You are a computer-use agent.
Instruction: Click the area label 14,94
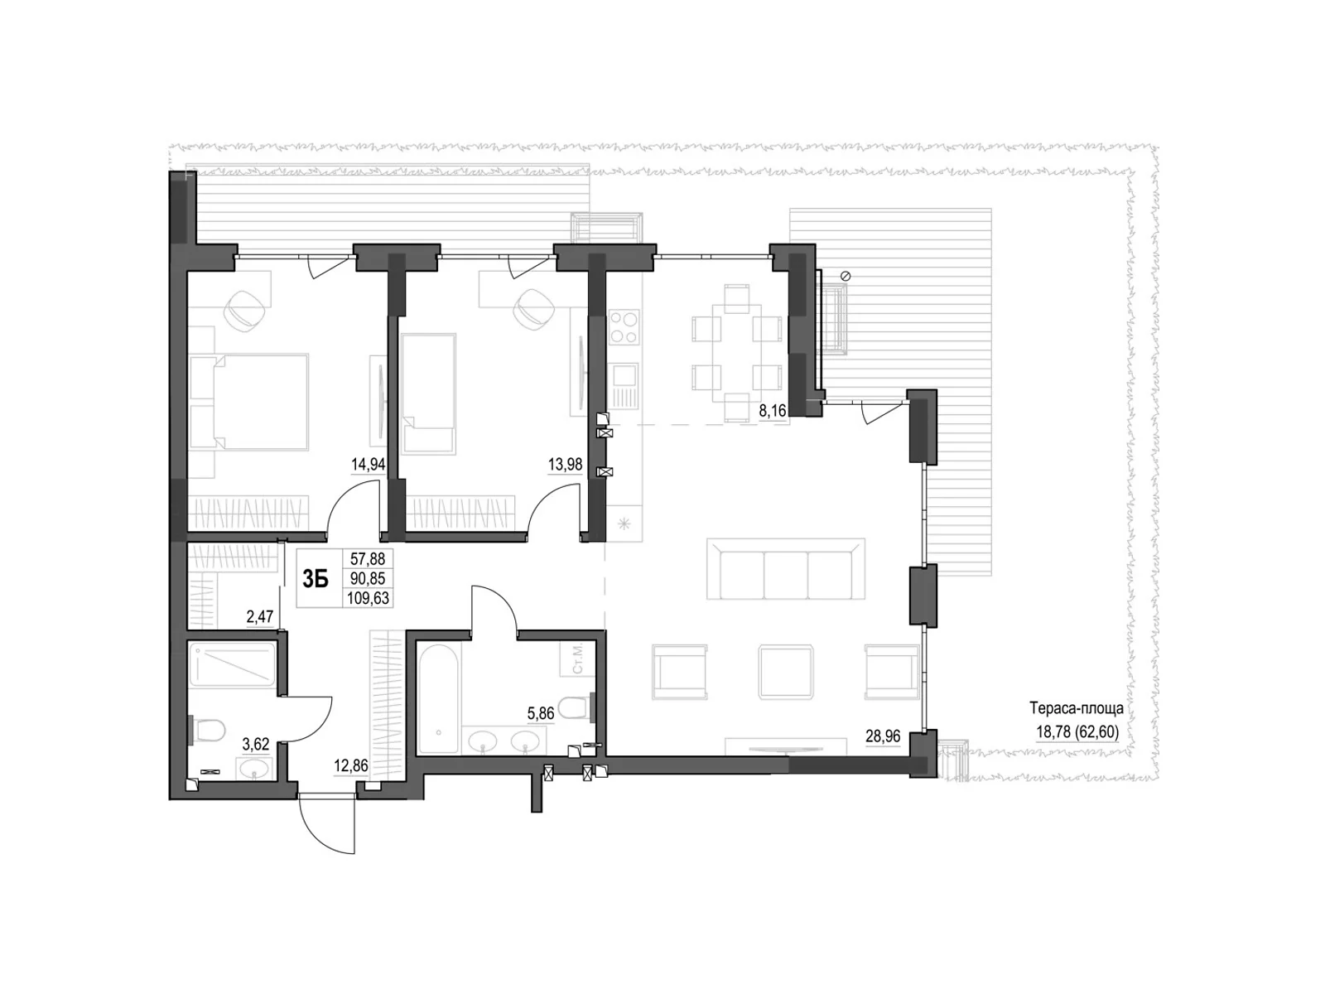[369, 465]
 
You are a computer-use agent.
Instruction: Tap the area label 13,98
[565, 465]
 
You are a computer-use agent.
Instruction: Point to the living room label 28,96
[882, 736]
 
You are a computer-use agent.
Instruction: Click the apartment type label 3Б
[315, 579]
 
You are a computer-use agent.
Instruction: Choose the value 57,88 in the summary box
[368, 560]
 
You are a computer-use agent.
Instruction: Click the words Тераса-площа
[1076, 709]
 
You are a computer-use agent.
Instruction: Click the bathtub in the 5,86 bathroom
[437, 699]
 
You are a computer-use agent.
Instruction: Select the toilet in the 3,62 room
[210, 731]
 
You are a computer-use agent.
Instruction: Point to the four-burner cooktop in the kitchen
[623, 326]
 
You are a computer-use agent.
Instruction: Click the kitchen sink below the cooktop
[623, 385]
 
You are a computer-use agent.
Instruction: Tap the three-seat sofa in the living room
[785, 569]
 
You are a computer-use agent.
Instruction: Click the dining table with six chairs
[736, 353]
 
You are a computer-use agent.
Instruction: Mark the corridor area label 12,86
[350, 766]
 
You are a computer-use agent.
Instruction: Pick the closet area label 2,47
[260, 616]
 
